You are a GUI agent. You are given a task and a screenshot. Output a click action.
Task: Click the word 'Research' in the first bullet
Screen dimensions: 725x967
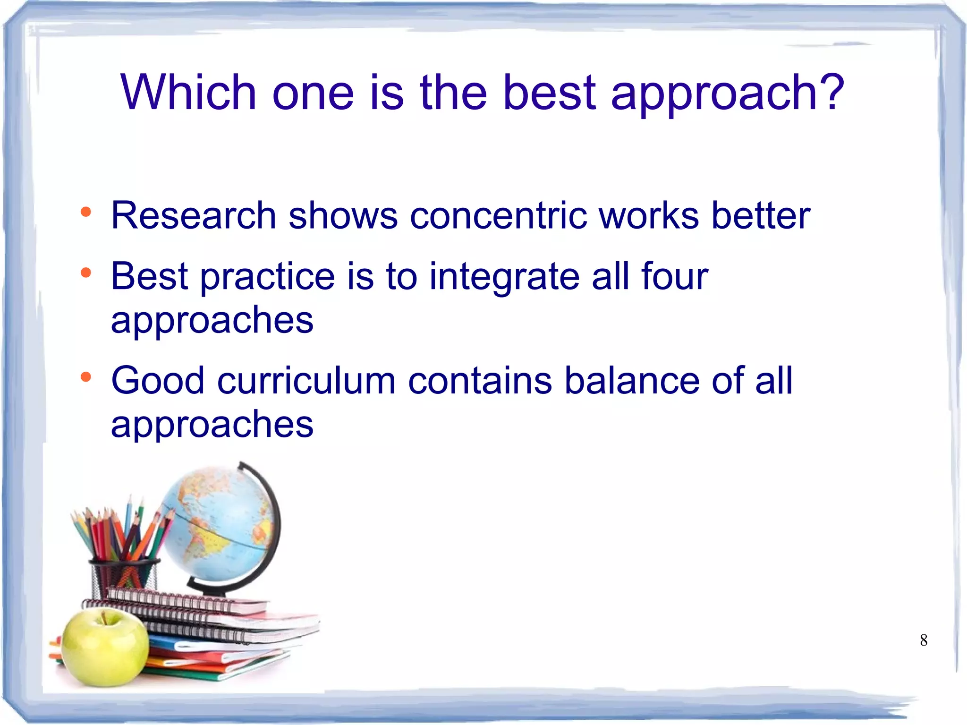click(x=193, y=216)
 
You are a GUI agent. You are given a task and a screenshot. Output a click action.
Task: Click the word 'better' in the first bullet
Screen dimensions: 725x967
click(x=761, y=216)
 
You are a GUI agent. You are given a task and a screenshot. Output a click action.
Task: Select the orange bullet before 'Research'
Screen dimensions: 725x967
click(x=85, y=212)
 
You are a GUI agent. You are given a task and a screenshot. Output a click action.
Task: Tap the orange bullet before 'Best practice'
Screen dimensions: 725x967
click(x=85, y=273)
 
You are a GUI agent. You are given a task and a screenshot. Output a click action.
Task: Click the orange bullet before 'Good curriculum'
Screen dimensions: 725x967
click(x=85, y=377)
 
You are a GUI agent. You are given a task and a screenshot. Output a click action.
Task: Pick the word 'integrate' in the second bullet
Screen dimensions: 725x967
click(x=504, y=277)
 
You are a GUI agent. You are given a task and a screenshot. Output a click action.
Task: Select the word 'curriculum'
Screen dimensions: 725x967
click(x=306, y=381)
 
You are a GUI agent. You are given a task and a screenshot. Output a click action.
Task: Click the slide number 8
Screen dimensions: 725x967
click(x=924, y=640)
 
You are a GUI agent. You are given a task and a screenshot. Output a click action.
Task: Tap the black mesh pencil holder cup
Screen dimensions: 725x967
click(x=124, y=579)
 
